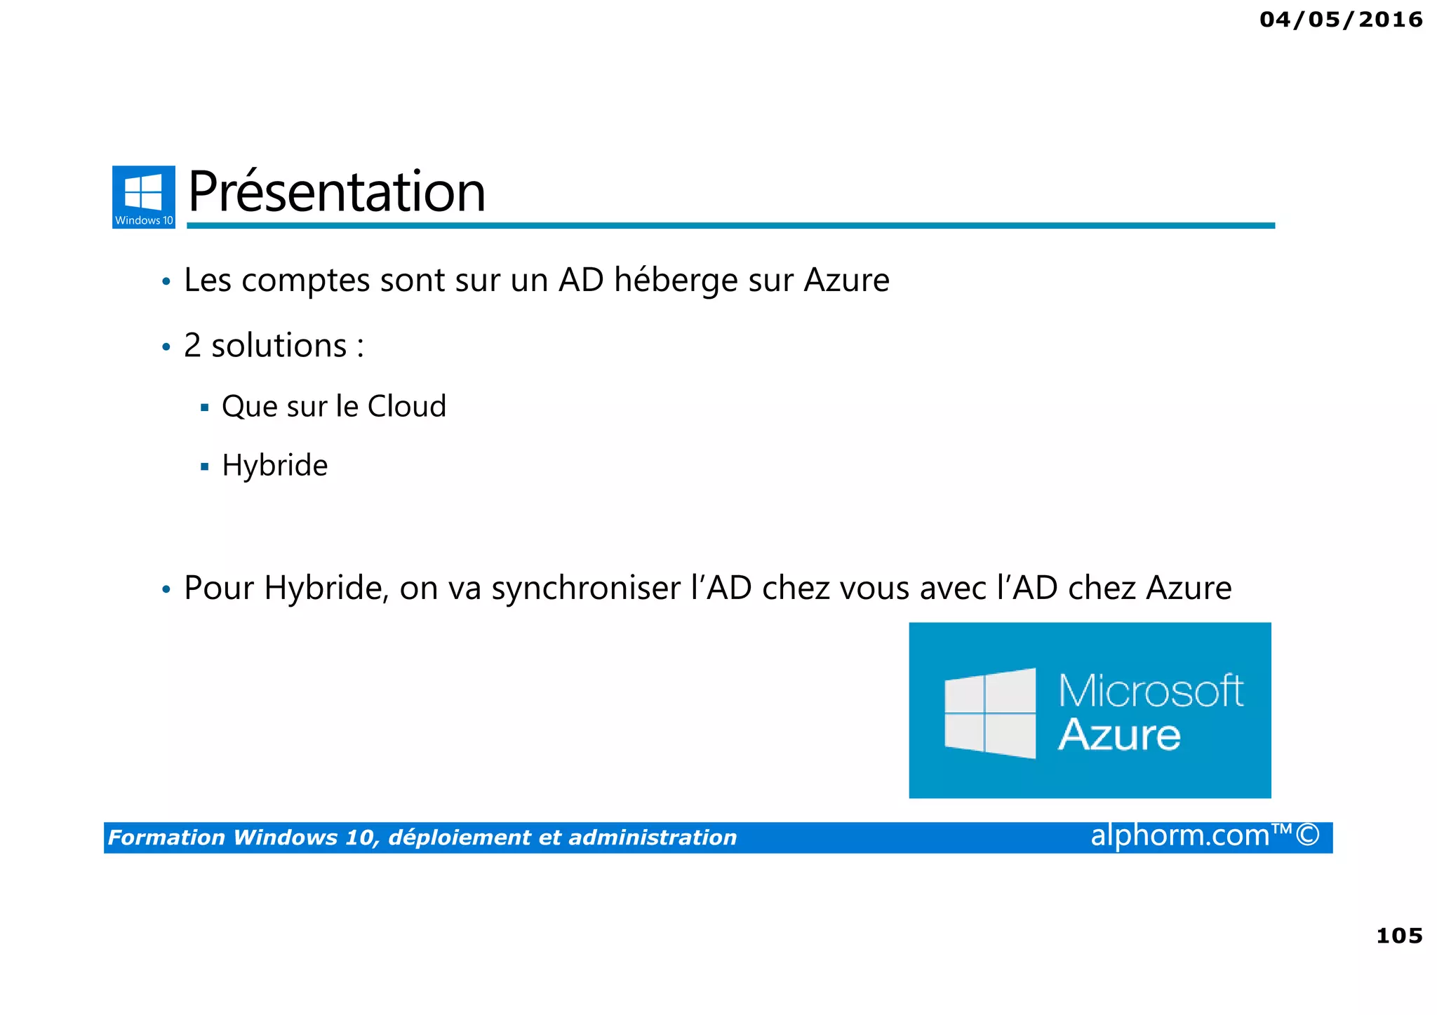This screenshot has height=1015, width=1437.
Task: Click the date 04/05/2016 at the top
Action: pyautogui.click(x=1340, y=20)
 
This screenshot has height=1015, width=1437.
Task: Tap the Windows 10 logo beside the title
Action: pyautogui.click(x=144, y=196)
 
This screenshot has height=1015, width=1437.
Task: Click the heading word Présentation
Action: pyautogui.click(x=337, y=192)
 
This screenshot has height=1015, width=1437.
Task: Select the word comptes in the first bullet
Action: pyautogui.click(x=306, y=281)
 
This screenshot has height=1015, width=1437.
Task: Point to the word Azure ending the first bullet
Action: pyautogui.click(x=846, y=281)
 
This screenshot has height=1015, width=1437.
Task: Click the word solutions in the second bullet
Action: pyautogui.click(x=279, y=346)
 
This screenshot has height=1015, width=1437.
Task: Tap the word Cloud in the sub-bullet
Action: pyautogui.click(x=407, y=406)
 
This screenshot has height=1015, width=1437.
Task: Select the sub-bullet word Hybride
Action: pyautogui.click(x=275, y=466)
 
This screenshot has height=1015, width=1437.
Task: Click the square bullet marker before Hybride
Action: pyautogui.click(x=205, y=466)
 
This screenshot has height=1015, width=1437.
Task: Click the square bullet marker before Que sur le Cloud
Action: pyautogui.click(x=205, y=408)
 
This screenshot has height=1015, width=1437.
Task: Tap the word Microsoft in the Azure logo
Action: pyautogui.click(x=1151, y=691)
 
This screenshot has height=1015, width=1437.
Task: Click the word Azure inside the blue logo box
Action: pyautogui.click(x=1119, y=735)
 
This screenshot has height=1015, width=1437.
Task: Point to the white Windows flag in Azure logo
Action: pyautogui.click(x=990, y=713)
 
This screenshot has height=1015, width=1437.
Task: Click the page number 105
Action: pyautogui.click(x=1399, y=936)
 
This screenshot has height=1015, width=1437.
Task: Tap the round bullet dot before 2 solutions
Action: pyautogui.click(x=166, y=347)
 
